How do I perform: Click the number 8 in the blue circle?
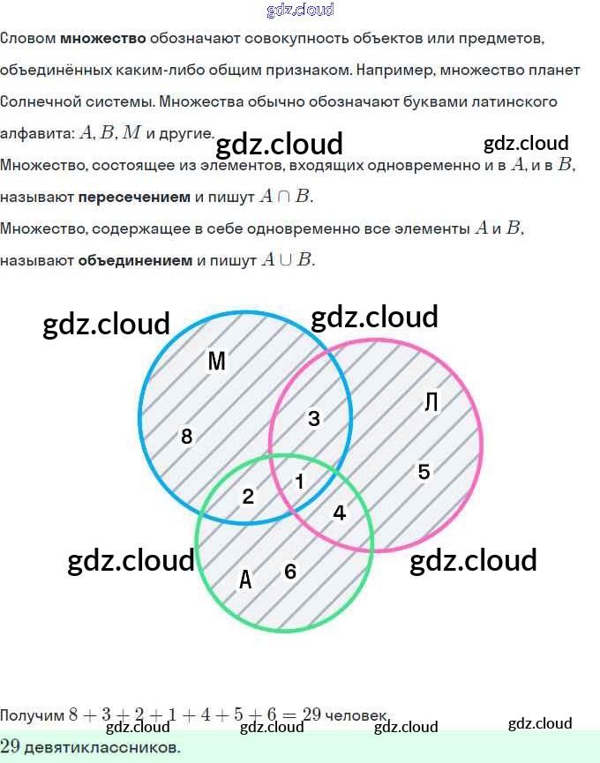tap(186, 436)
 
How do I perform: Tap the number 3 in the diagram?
tap(313, 419)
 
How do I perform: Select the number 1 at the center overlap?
tap(299, 482)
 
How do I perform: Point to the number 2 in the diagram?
tap(248, 496)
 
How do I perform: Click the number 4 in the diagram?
tap(339, 512)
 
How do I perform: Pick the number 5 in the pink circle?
tap(424, 472)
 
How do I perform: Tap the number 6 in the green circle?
tap(290, 572)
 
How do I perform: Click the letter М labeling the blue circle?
tap(216, 361)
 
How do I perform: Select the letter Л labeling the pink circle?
tap(431, 402)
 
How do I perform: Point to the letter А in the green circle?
tap(246, 580)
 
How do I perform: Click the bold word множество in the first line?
tap(102, 39)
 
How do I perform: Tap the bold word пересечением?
tap(134, 197)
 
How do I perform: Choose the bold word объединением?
tap(135, 260)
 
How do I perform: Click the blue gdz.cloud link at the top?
tap(300, 11)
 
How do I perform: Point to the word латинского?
tap(517, 102)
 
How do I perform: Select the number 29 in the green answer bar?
tap(10, 746)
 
